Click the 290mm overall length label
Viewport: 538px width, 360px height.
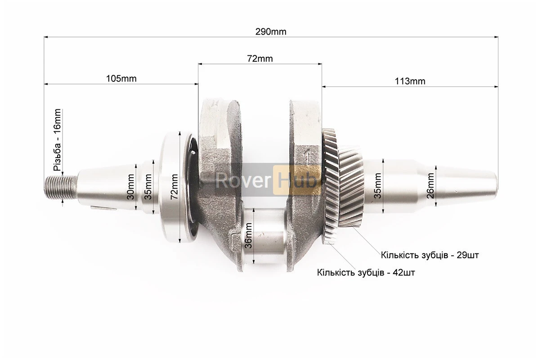click(271, 32)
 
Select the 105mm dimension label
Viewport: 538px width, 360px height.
click(121, 79)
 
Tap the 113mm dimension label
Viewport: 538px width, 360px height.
click(410, 81)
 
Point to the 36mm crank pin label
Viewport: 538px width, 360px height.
click(248, 235)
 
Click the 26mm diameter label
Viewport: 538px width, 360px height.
click(430, 186)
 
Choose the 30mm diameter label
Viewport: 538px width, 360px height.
click(130, 187)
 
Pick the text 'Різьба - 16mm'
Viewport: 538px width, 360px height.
click(57, 140)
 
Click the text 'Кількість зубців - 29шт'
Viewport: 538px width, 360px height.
click(430, 255)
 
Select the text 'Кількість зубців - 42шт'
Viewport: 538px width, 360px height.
click(366, 273)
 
